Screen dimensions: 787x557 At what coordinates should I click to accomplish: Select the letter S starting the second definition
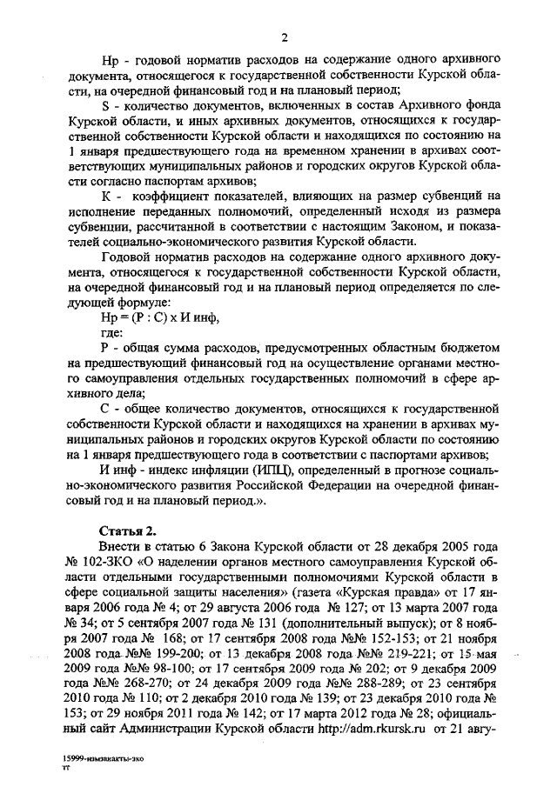(105, 104)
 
